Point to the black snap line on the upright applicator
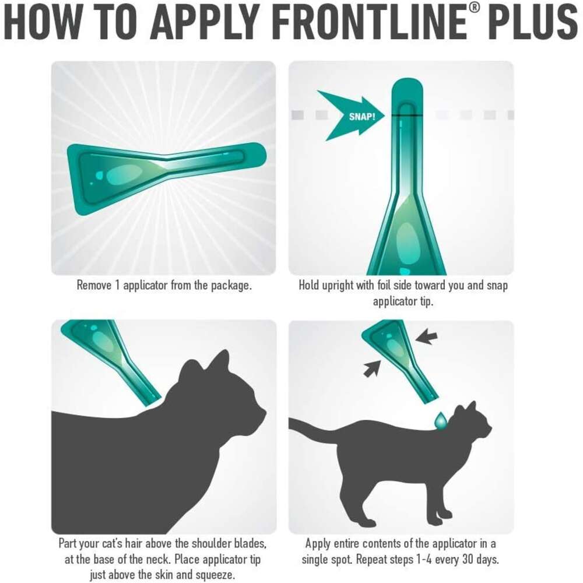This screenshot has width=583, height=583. (407, 115)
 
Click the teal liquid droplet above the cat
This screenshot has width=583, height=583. (441, 421)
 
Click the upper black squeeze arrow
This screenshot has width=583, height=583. (426, 336)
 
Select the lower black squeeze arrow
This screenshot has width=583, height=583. (372, 368)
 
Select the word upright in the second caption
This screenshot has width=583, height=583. (338, 286)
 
